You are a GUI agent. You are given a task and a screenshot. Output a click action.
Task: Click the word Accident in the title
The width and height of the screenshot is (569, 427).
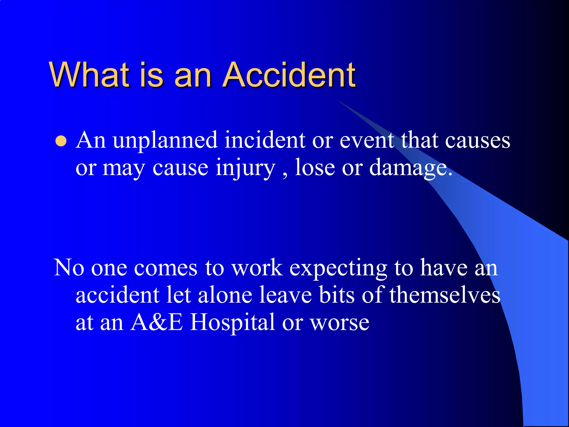pyautogui.click(x=289, y=75)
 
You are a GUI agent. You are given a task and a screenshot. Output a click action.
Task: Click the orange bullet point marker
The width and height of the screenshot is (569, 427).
pyautogui.click(x=61, y=141)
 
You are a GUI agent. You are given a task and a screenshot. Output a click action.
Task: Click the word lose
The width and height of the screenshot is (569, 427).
pyautogui.click(x=315, y=168)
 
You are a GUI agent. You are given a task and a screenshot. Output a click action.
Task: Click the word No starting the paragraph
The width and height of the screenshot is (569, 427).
pyautogui.click(x=69, y=268)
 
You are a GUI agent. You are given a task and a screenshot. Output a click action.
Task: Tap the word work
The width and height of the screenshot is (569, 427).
pyautogui.click(x=257, y=268)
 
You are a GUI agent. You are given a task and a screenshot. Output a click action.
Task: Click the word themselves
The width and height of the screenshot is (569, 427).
pyautogui.click(x=445, y=295)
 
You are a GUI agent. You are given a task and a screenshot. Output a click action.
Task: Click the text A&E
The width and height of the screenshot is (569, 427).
pyautogui.click(x=157, y=322)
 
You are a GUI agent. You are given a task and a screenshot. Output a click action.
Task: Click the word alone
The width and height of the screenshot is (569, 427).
pyautogui.click(x=225, y=295)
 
